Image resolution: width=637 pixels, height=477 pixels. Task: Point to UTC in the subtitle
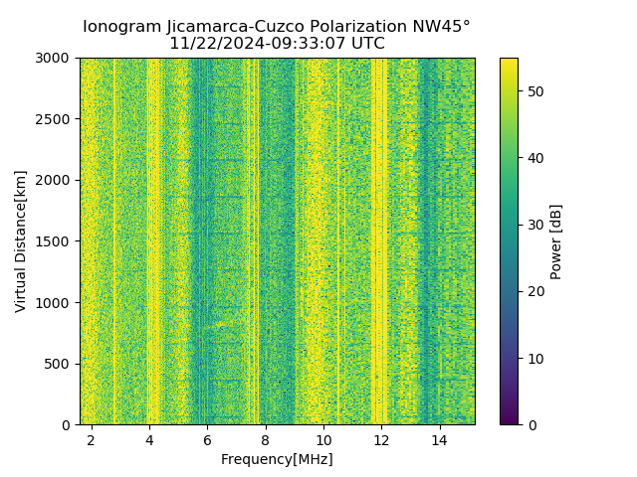click(x=366, y=44)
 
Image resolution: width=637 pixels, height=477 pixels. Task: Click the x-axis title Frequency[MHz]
click(x=277, y=459)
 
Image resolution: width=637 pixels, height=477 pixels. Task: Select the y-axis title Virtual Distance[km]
click(x=21, y=240)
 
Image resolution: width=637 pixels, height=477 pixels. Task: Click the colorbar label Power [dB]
click(x=556, y=241)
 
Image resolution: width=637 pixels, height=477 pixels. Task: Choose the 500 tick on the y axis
click(x=60, y=364)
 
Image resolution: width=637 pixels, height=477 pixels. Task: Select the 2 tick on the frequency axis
click(x=92, y=439)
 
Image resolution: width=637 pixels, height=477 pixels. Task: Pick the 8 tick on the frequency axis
click(x=266, y=439)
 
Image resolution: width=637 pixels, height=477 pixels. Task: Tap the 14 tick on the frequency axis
click(x=439, y=439)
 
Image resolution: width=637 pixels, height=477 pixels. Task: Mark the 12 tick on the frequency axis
click(x=381, y=439)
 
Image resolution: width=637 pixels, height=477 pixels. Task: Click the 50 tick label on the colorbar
click(x=534, y=91)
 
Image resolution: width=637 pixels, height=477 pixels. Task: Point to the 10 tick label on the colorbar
click(x=534, y=358)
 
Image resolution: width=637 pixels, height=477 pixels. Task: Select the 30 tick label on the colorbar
click(x=534, y=225)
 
